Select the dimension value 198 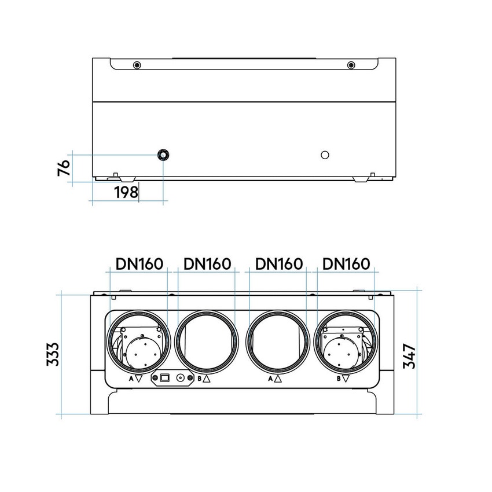(x=126, y=192)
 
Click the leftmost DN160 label (x=139, y=264)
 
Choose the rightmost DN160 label (x=346, y=264)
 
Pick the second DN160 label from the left (x=207, y=264)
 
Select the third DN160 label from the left (x=279, y=264)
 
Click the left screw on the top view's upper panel (x=136, y=64)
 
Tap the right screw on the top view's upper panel (x=351, y=64)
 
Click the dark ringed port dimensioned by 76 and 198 (x=163, y=155)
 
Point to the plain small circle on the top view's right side (x=325, y=155)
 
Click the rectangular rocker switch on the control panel (x=164, y=379)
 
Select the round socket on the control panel (x=184, y=379)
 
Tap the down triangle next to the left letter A (x=138, y=379)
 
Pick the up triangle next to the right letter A (x=278, y=379)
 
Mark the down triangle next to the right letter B (x=346, y=379)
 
